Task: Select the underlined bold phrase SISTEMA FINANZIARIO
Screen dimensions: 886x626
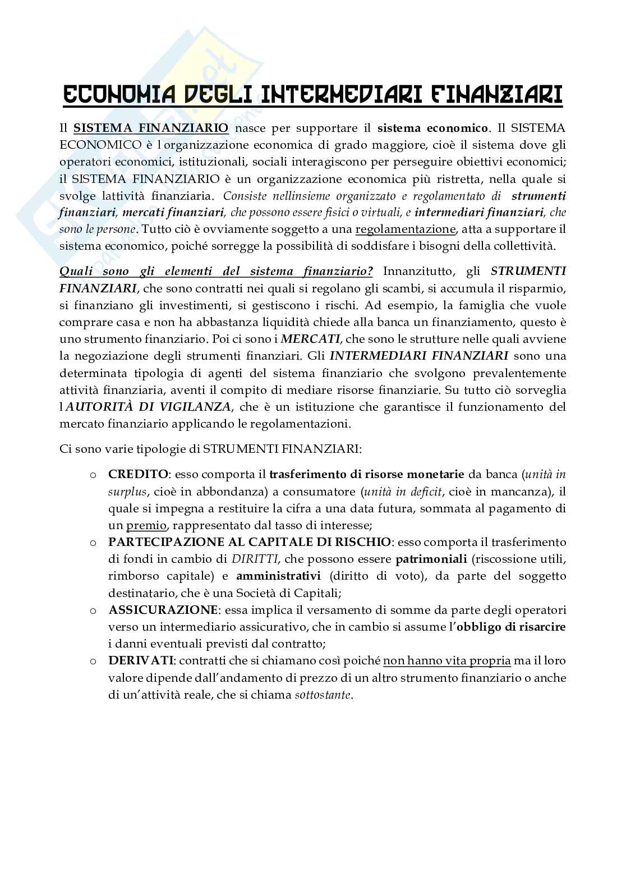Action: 151,128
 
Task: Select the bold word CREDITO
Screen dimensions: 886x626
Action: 138,474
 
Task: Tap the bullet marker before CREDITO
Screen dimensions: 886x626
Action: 92,475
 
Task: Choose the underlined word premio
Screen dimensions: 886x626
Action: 146,525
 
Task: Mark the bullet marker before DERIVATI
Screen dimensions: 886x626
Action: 92,660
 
